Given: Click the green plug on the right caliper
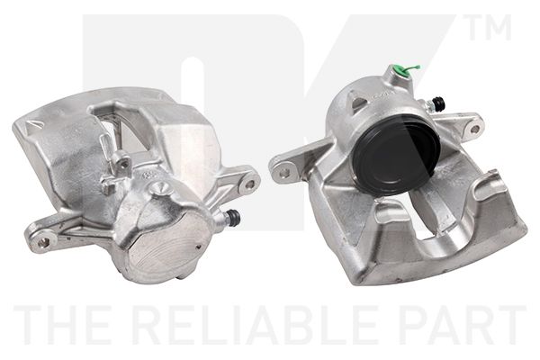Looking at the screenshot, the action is point(402,71).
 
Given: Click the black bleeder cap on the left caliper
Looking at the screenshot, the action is point(236,216).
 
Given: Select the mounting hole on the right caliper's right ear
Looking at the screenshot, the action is point(474,130).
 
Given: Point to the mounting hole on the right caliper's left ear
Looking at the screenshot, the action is point(284,172).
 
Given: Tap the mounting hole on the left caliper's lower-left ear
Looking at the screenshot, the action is point(43,242).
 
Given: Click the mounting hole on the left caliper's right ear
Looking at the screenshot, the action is point(250,183).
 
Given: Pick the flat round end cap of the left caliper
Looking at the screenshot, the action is point(166,247).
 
